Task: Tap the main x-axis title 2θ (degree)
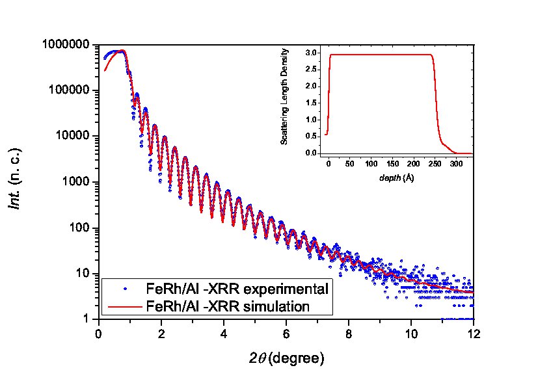(x=286, y=358)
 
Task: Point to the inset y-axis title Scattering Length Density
(x=284, y=101)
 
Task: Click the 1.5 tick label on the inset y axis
(x=311, y=103)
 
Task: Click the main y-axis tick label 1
(x=88, y=319)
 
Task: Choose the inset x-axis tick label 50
(x=351, y=163)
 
